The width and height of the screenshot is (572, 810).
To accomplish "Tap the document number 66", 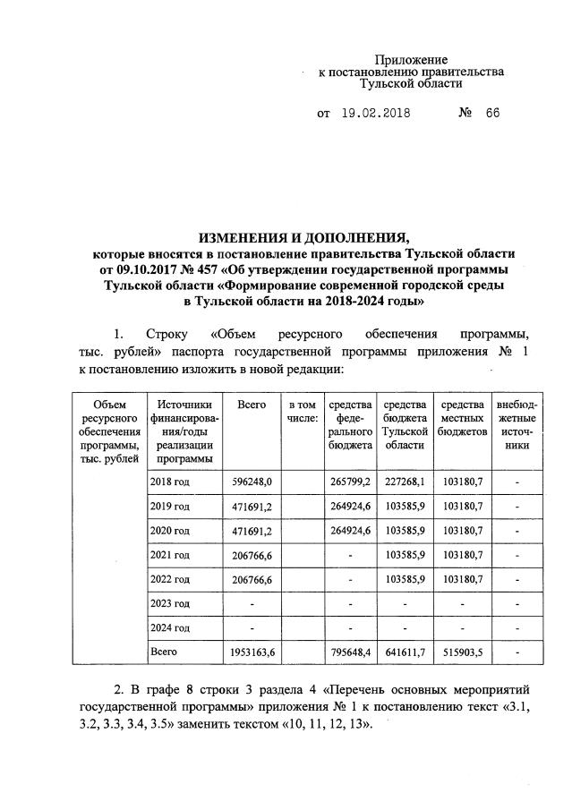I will coord(492,114).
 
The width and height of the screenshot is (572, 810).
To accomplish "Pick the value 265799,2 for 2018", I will coord(349,482).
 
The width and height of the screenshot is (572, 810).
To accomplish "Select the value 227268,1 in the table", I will coord(404,482).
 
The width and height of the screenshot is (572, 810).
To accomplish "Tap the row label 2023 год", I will coord(170,603).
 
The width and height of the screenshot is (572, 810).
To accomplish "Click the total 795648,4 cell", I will coord(349,652).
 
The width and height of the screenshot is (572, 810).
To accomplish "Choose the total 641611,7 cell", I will coord(404,652).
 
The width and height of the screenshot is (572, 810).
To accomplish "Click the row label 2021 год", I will coord(170,555).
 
